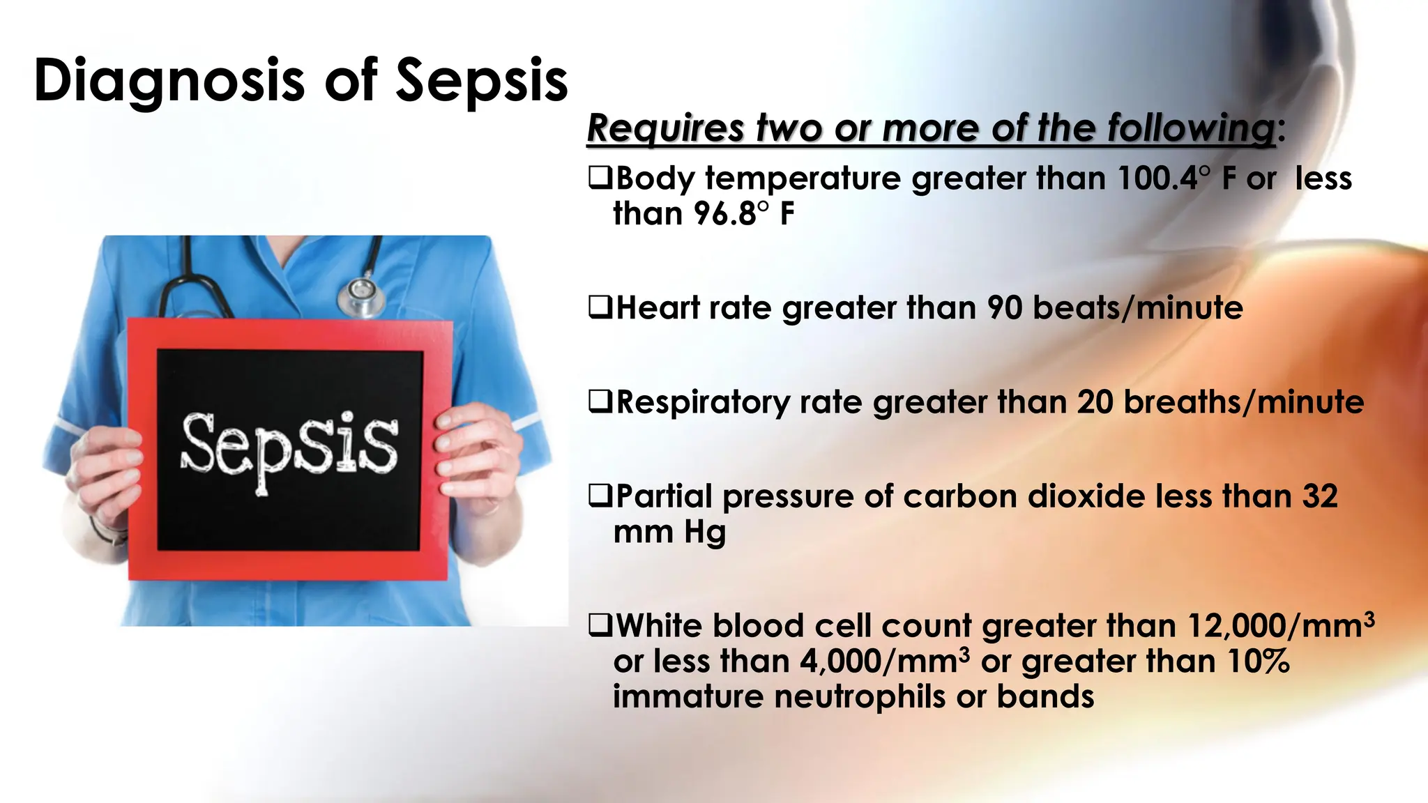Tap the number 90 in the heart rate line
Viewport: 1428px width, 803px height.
(1004, 308)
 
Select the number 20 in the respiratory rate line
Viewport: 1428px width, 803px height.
(1095, 402)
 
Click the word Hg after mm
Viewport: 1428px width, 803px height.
(704, 533)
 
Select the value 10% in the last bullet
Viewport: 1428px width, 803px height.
(1258, 661)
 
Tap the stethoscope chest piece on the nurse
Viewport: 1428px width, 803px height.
(361, 296)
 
